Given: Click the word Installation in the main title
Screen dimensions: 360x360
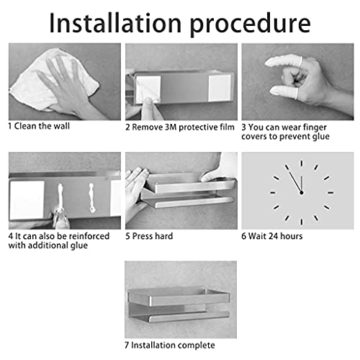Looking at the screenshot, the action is (x=115, y=23).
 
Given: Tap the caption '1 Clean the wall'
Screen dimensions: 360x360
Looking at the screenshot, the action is (x=39, y=126).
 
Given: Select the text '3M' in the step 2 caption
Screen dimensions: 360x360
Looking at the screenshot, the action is (x=171, y=127).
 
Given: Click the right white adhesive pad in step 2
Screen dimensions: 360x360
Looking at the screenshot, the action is (x=220, y=88).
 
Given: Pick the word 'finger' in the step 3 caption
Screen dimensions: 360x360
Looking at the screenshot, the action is (x=315, y=127).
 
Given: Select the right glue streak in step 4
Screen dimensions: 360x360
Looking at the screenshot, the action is (x=91, y=198).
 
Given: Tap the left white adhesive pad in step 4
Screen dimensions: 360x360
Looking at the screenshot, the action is (x=27, y=199).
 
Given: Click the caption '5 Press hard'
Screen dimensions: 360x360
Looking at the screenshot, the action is (x=149, y=236).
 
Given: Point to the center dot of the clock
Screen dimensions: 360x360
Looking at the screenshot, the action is (x=302, y=192).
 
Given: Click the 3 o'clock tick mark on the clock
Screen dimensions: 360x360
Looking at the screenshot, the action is (x=330, y=192).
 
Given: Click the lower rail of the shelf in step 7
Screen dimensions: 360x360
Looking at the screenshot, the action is (x=189, y=316).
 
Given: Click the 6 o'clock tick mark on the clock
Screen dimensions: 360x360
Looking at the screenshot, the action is (x=302, y=222).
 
